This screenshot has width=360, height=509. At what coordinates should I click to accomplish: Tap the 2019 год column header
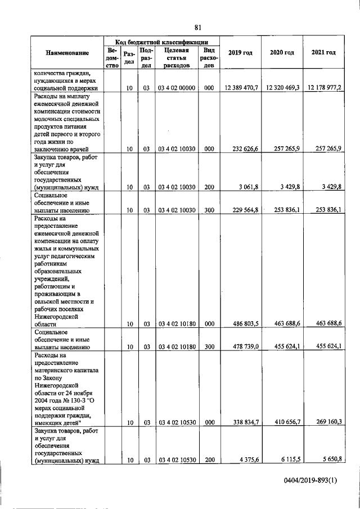(x=240, y=53)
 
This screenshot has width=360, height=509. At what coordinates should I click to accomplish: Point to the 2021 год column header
(x=323, y=53)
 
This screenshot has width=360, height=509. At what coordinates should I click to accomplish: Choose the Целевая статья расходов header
(x=176, y=57)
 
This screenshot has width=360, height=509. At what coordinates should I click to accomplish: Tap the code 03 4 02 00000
(x=176, y=88)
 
